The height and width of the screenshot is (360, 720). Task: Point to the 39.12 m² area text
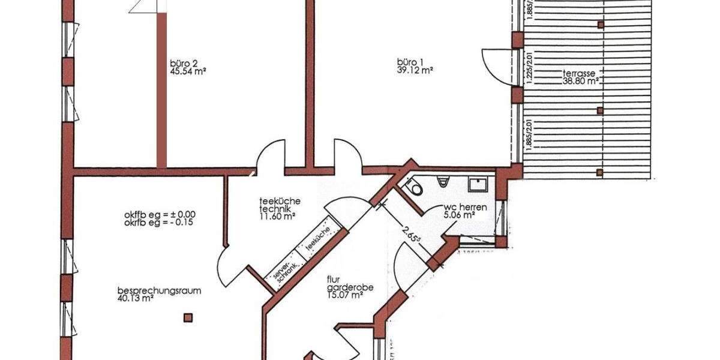coord(415,70)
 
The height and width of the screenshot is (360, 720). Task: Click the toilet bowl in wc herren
coord(415,188)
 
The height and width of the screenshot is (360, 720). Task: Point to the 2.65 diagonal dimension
coord(410,231)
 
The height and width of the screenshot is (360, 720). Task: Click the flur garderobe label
coord(350,283)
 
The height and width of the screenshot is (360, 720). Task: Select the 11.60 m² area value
coord(277,217)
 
